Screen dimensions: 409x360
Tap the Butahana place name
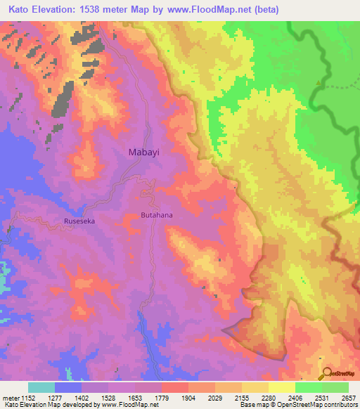point(157,215)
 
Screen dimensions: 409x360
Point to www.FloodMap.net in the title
point(208,10)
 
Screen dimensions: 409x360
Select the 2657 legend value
point(348,396)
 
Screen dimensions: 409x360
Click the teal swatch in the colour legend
point(41,387)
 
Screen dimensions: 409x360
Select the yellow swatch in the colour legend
point(282,387)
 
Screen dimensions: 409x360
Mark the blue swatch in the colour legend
point(68,387)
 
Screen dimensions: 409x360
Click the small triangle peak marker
point(319,82)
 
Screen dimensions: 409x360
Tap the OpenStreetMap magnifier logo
point(325,373)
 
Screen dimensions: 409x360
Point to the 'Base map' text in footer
point(252,405)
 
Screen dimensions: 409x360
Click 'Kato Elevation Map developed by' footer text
point(50,405)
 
